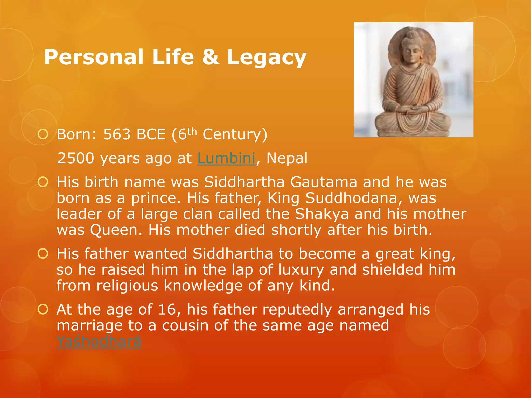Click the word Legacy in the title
click(x=267, y=58)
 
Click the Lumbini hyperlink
click(x=226, y=158)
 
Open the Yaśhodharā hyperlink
click(x=99, y=341)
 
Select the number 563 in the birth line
click(x=117, y=134)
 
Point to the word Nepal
click(x=287, y=158)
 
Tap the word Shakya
click(x=322, y=214)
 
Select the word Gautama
click(x=324, y=182)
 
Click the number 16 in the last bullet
click(x=167, y=309)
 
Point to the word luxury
click(x=301, y=270)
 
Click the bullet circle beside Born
click(x=43, y=134)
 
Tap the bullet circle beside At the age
click(x=43, y=309)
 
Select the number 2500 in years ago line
click(x=76, y=158)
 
